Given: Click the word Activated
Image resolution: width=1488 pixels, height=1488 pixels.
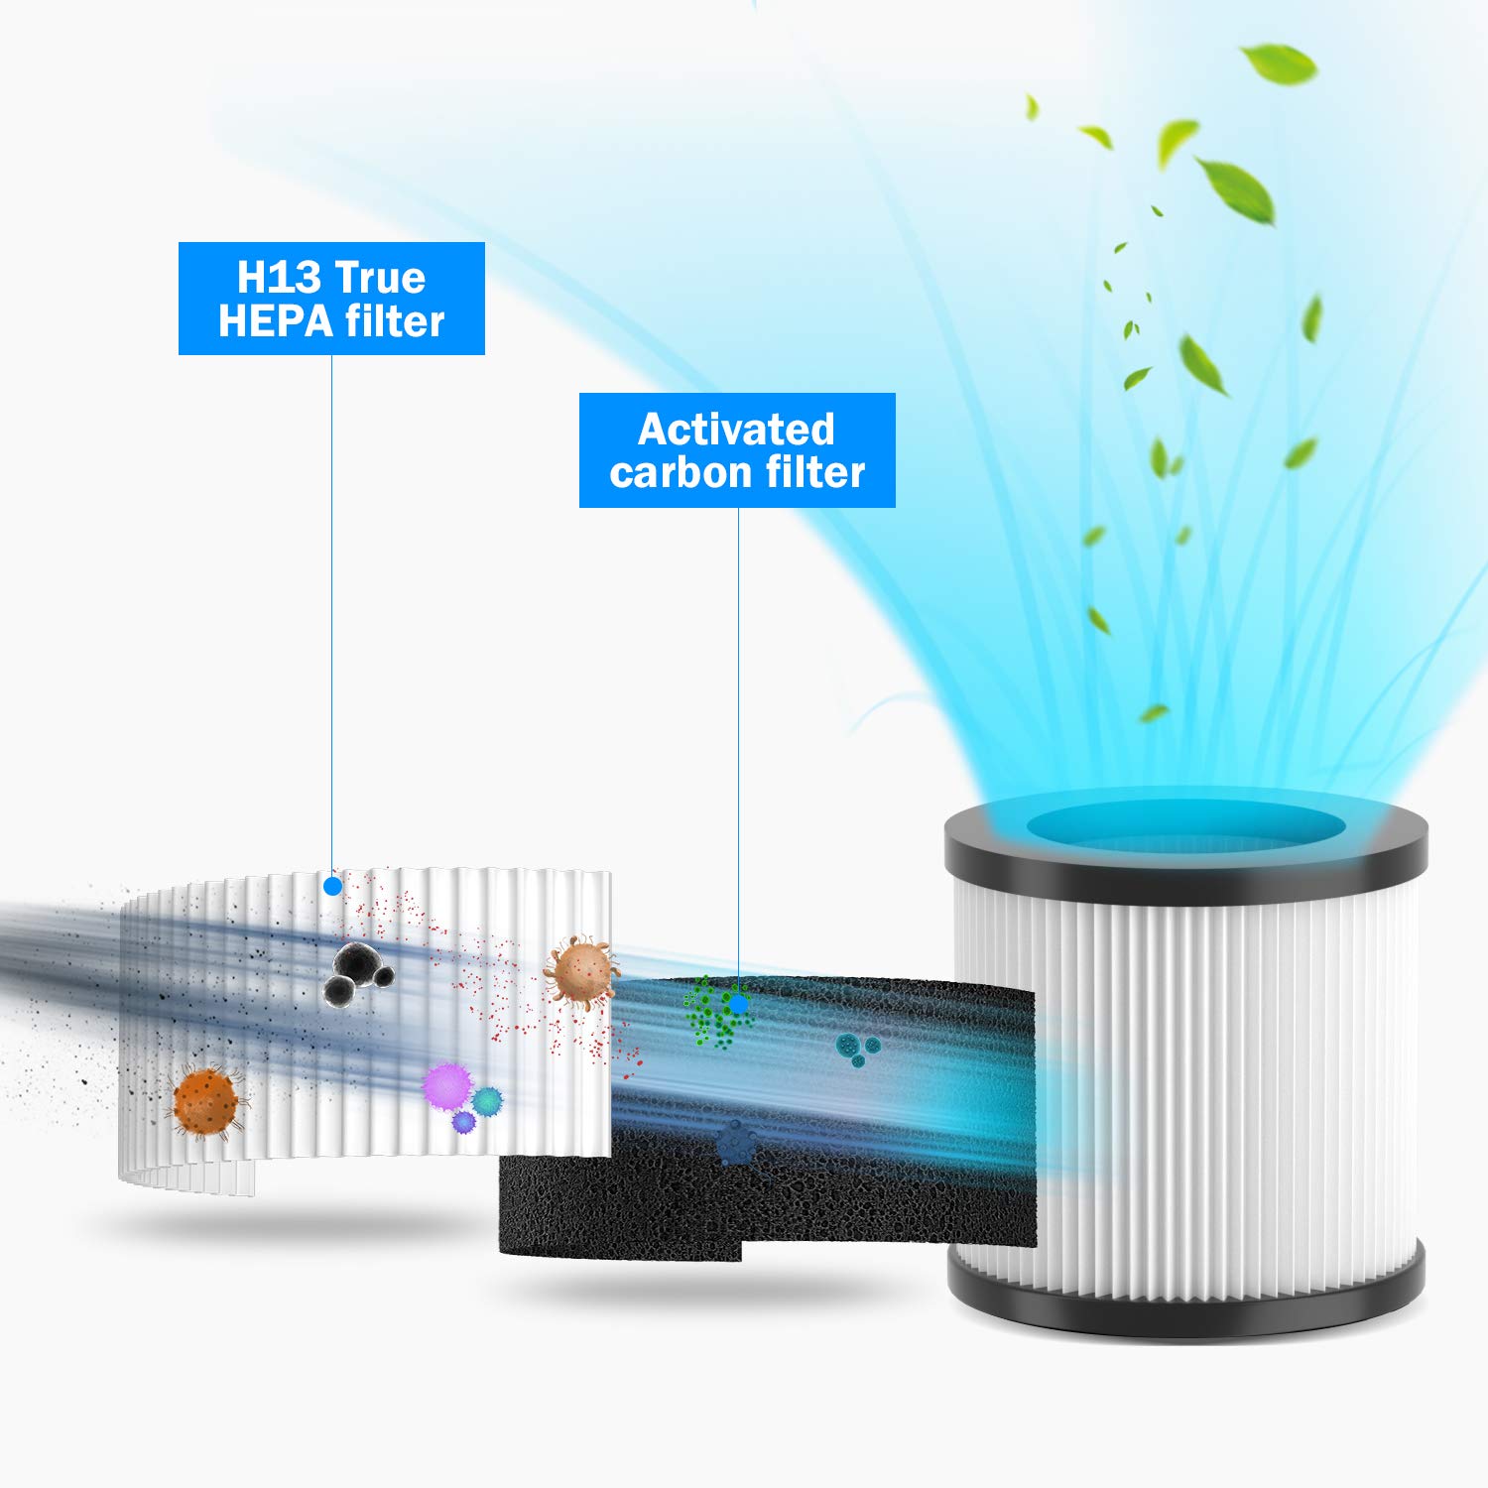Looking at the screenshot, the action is [736, 430].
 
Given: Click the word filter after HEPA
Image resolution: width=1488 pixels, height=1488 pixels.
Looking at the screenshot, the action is [394, 321].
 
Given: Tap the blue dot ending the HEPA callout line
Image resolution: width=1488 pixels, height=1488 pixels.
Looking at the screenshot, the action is [333, 886].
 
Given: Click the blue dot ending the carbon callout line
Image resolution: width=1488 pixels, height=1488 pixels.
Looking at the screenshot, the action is [738, 1004].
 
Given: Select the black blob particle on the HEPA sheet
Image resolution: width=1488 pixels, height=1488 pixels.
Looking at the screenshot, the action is [355, 973].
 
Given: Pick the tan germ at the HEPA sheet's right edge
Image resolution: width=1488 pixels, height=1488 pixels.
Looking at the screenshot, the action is [580, 972].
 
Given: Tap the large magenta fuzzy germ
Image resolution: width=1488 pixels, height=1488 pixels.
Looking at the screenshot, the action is [446, 1085].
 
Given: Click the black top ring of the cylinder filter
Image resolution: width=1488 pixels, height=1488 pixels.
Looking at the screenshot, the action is [1185, 863].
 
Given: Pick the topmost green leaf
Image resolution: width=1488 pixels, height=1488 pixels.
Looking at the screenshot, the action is [1282, 63].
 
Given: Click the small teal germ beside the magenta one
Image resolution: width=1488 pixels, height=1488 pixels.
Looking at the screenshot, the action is [487, 1100].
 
